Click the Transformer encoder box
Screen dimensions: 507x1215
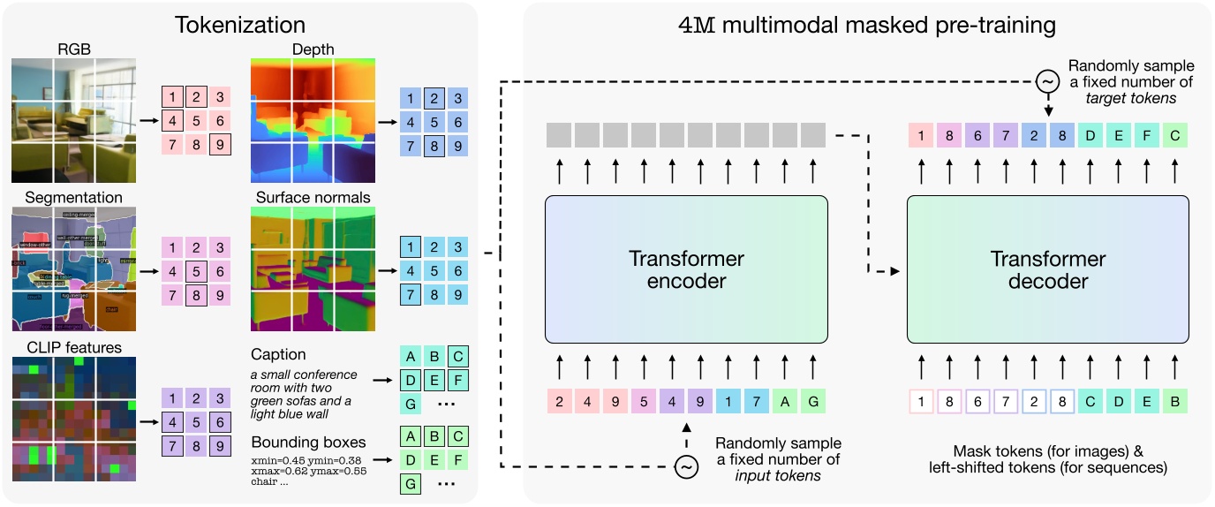[686, 269]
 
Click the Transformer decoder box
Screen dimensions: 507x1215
[1047, 269]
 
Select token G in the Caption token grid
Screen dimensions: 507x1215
[411, 404]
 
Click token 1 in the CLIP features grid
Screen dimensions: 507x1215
[174, 398]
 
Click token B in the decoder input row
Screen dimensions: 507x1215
[1175, 401]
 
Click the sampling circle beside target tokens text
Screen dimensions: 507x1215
[1047, 81]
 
